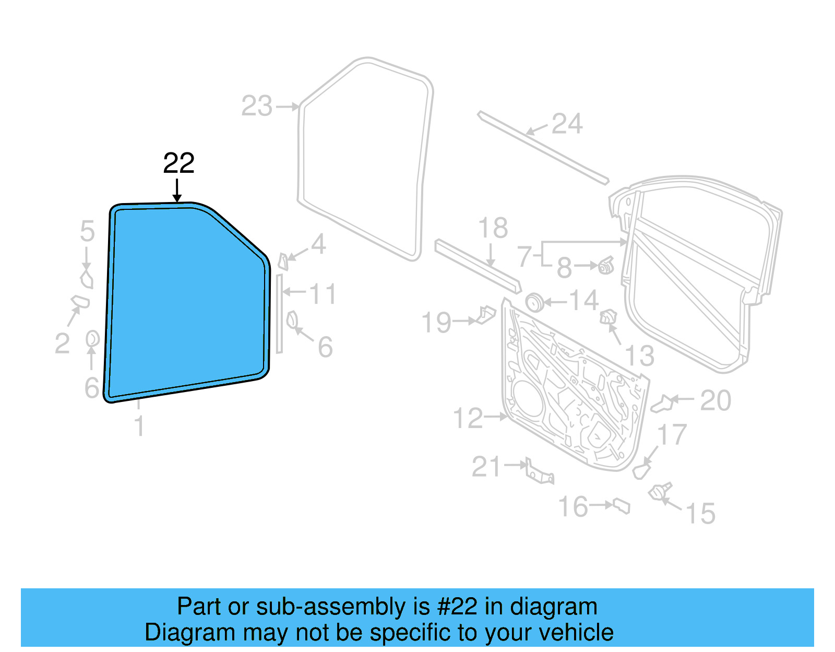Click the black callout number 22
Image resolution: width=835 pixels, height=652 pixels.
[178, 163]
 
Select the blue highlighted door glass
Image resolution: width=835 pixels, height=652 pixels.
[188, 303]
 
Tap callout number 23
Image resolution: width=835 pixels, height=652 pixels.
[257, 106]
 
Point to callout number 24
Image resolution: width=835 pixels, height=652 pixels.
[567, 124]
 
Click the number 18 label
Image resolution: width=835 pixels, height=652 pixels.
[493, 228]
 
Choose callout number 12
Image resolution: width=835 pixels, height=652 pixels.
[468, 418]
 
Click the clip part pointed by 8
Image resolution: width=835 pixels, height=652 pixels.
[605, 266]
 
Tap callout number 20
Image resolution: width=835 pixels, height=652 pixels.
[715, 401]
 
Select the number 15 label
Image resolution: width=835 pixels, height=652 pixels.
[700, 514]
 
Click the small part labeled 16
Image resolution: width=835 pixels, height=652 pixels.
[622, 506]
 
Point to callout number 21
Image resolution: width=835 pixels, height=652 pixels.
[486, 467]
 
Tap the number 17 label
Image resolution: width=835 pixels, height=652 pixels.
[672, 435]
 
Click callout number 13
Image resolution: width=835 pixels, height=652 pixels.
[639, 356]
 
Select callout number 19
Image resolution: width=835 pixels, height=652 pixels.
[436, 323]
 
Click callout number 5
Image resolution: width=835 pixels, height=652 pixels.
[88, 231]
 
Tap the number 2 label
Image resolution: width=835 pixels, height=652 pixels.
[62, 344]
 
